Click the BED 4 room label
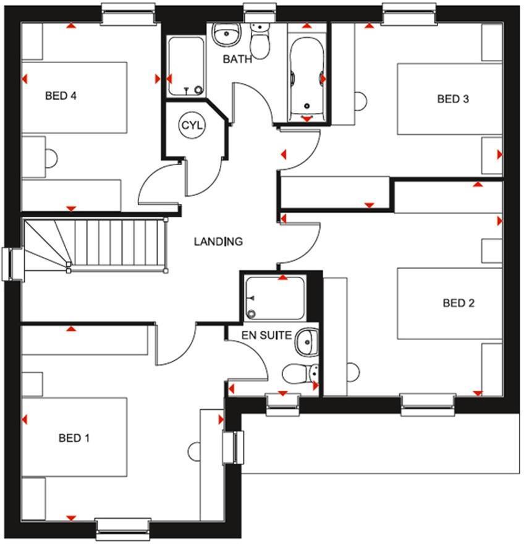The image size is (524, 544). [x=61, y=95]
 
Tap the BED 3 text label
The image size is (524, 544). [x=453, y=99]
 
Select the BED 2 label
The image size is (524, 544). [x=458, y=303]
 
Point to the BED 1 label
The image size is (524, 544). [x=74, y=438]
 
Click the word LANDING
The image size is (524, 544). [x=218, y=242]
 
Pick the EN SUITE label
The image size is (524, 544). [x=266, y=335]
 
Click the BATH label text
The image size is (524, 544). [x=237, y=59]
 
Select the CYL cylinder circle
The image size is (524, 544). [x=192, y=125]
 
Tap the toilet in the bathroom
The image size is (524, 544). [x=260, y=41]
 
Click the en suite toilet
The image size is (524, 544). [x=300, y=373]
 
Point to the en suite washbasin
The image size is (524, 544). [x=306, y=342]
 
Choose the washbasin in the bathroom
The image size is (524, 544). [x=226, y=35]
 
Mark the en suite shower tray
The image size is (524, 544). [x=275, y=298]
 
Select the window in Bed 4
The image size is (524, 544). [x=129, y=15]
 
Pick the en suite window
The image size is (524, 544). [x=282, y=404]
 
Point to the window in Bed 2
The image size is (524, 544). [x=428, y=404]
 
